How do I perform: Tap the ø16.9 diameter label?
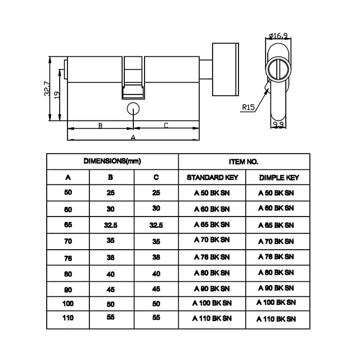click(279, 36)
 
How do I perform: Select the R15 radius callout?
click(248, 106)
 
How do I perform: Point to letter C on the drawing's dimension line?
click(166, 125)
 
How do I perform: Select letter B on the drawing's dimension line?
click(100, 125)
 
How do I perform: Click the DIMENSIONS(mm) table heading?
click(112, 161)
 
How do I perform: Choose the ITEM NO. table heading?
click(244, 161)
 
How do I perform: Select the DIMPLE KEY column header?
click(278, 178)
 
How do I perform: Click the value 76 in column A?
click(68, 257)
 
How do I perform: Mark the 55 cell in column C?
click(156, 317)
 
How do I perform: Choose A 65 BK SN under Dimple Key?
click(276, 224)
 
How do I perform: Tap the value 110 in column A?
click(68, 318)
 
